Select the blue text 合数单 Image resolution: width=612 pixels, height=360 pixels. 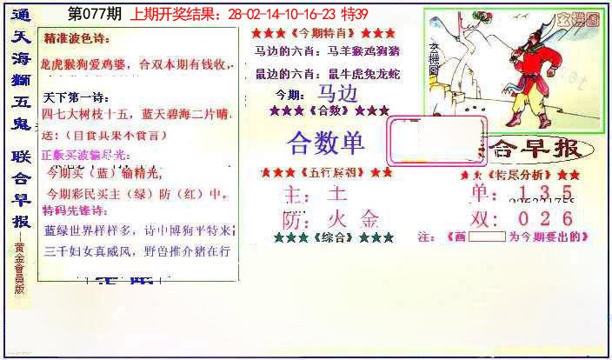pyautogui.click(x=326, y=143)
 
